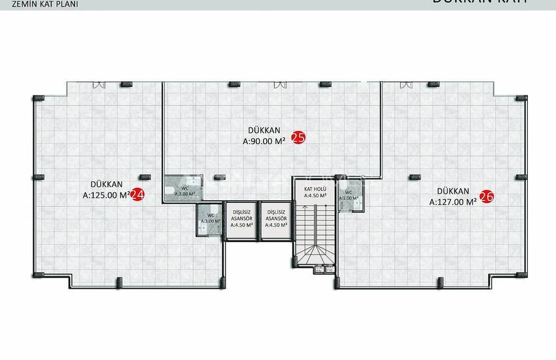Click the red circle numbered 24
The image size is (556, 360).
pos(138,194)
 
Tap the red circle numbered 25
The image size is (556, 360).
pos(298,138)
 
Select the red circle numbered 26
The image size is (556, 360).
pos(486,196)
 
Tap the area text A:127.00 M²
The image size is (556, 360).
pos(453,202)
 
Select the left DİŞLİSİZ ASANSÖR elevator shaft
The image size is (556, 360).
pos(242,221)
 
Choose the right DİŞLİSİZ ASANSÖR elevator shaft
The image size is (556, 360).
pos(277,221)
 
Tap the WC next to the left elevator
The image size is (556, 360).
pos(211,219)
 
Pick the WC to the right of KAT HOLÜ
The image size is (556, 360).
pos(349,197)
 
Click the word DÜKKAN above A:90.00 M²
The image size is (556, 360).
pos(266,129)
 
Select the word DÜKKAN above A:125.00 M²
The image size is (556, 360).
pos(105,184)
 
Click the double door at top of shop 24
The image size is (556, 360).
pos(98,84)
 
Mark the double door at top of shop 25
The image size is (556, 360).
pos(279,84)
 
